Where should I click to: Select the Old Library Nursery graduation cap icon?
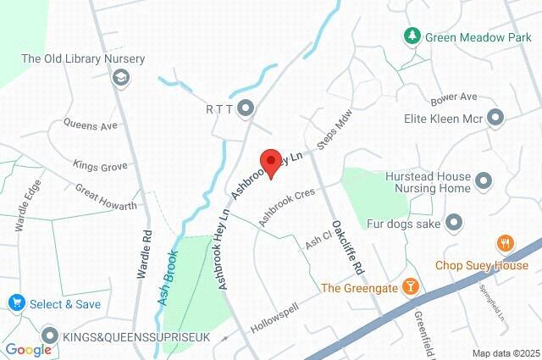119,78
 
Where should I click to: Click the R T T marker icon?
246,108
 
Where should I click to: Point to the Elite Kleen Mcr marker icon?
495,118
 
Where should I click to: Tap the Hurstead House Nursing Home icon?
484,180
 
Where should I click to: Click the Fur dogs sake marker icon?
455,223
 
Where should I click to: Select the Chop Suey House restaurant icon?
506,244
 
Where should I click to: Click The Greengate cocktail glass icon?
411,286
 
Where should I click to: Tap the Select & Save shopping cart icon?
16,302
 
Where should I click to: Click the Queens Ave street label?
90,125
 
